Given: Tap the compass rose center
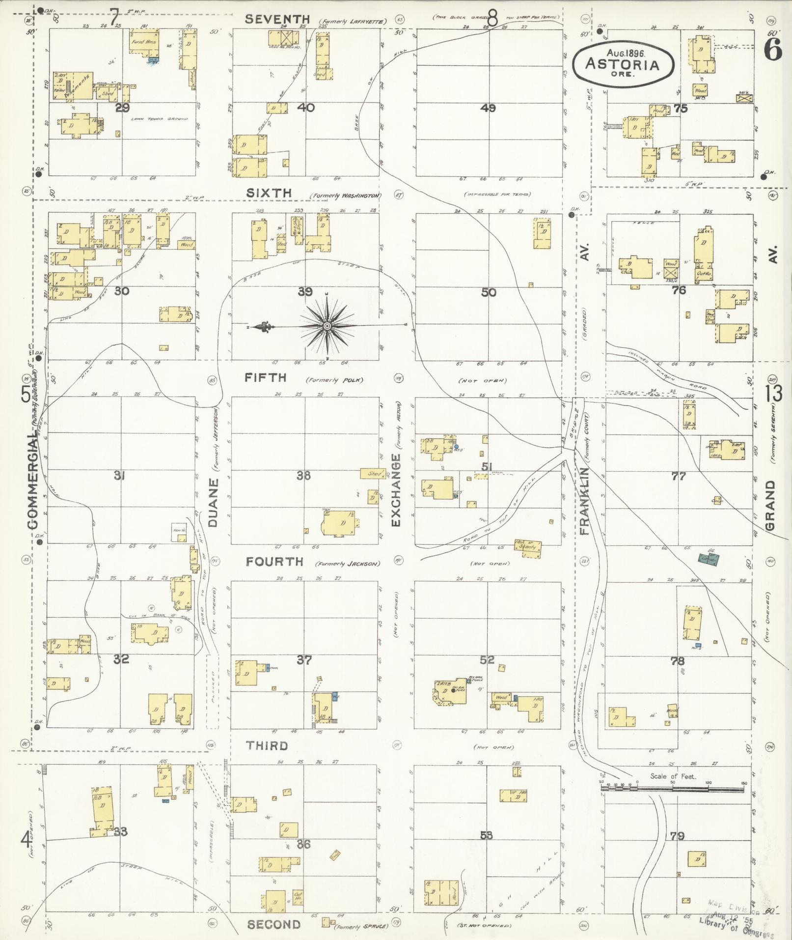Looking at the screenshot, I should tap(327, 326).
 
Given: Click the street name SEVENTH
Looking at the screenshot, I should tap(278, 19).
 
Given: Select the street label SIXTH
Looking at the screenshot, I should tap(269, 193).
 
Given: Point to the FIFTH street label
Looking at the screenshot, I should tap(266, 377).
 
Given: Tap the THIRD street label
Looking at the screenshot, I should tap(267, 746).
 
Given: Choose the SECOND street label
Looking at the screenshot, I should tap(273, 925).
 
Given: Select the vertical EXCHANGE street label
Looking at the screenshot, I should tap(396, 490).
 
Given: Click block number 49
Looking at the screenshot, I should tap(488, 108).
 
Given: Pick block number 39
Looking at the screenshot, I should tap(305, 292).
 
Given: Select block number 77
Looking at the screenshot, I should tap(679, 476).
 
